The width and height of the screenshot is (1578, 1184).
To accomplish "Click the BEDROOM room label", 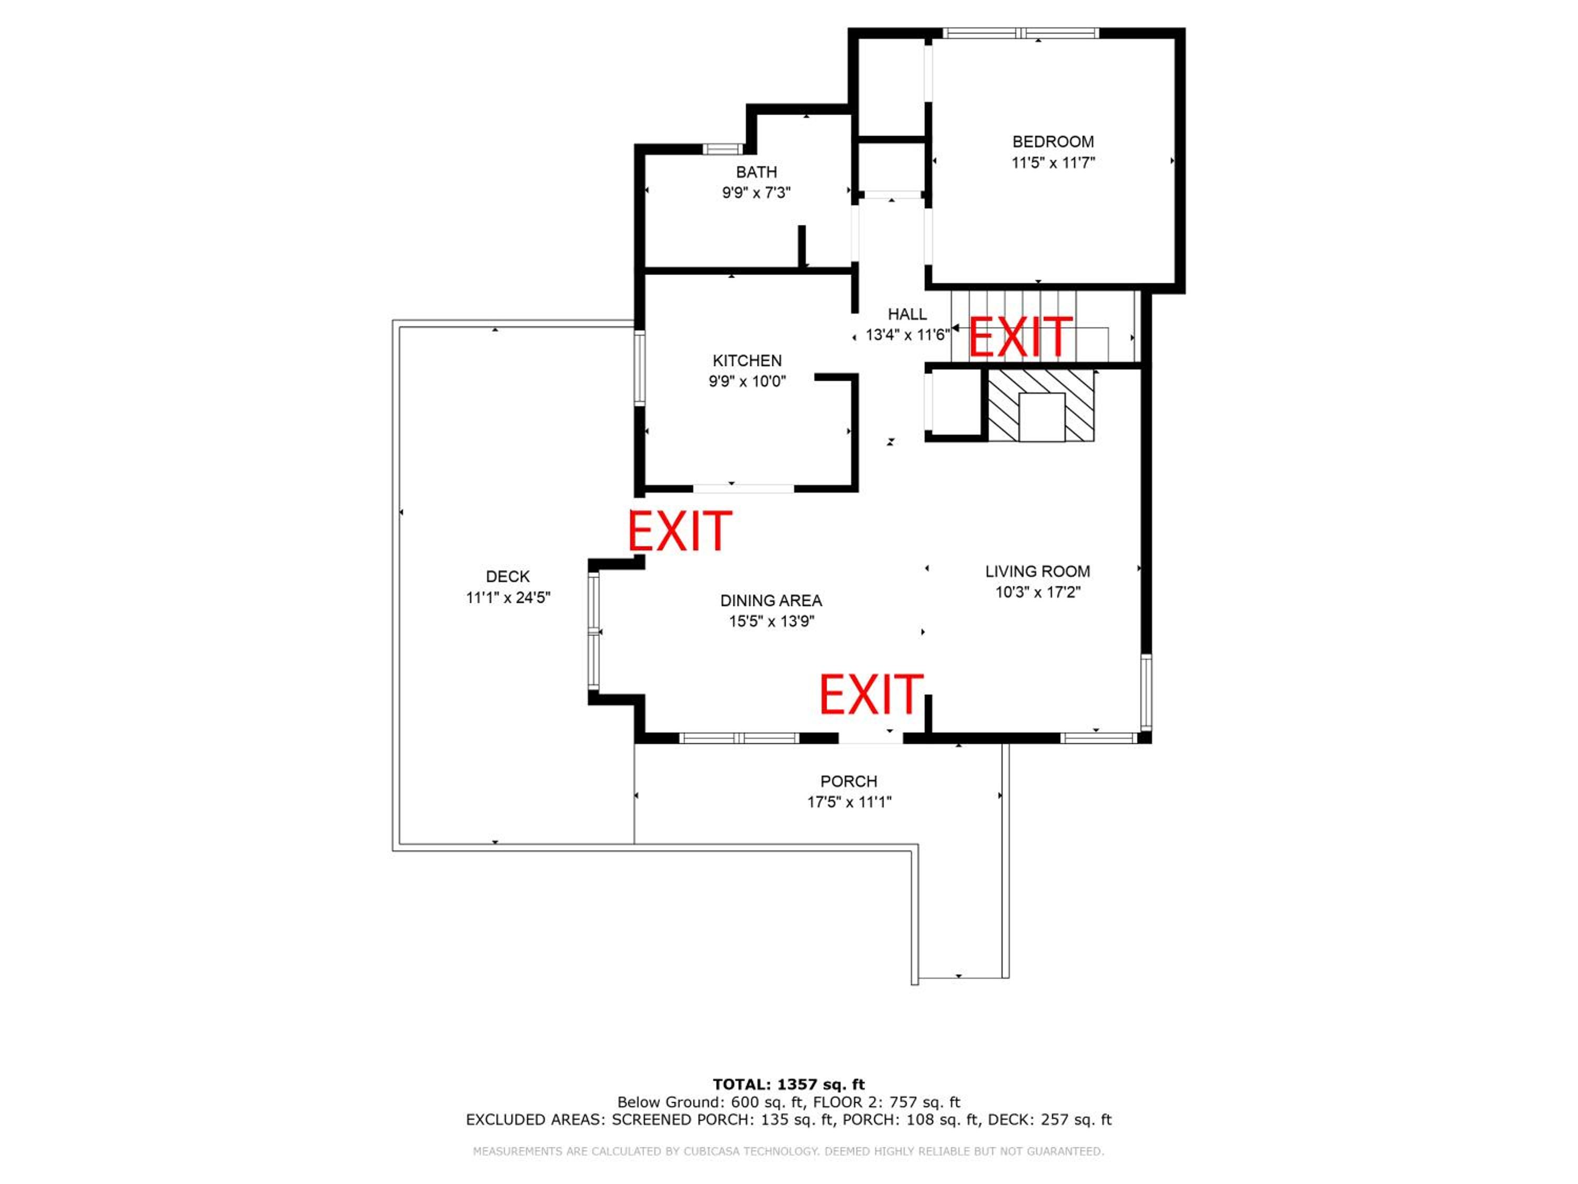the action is [x=1053, y=142].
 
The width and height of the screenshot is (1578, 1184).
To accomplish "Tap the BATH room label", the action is [x=756, y=172].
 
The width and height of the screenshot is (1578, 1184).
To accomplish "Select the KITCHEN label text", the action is [x=747, y=360].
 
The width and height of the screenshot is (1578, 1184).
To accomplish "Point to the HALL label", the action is [x=907, y=314].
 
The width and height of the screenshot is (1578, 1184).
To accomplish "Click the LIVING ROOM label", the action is [x=1037, y=571].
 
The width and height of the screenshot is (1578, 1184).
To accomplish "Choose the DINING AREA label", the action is [x=771, y=600].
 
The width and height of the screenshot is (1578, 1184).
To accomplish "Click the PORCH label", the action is [x=849, y=781].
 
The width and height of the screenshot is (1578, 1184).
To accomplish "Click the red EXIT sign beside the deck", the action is [x=680, y=530].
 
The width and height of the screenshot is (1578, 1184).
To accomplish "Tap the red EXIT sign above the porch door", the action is [x=871, y=695].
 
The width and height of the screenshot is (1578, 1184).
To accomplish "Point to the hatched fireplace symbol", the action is [x=1041, y=405].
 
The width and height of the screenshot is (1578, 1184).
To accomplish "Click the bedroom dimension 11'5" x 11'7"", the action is [x=1053, y=163].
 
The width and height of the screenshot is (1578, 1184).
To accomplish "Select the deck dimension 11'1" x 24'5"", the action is [x=508, y=597].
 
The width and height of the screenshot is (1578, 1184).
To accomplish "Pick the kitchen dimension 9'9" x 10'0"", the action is [x=747, y=381].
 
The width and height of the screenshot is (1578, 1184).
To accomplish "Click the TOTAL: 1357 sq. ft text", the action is [x=788, y=1085].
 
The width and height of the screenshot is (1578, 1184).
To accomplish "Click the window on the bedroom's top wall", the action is [x=1021, y=33].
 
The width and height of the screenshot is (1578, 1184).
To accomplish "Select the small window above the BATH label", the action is [x=723, y=149].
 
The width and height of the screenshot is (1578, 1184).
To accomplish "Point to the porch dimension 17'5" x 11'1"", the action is [x=849, y=802].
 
